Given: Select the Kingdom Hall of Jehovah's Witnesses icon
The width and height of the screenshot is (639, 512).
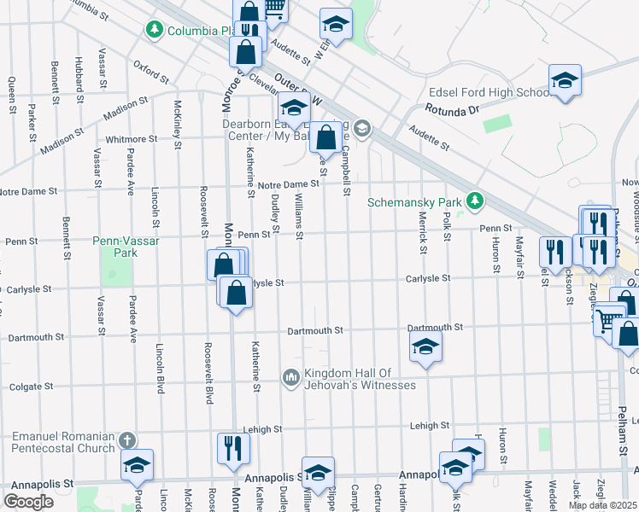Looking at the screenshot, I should [x=290, y=376].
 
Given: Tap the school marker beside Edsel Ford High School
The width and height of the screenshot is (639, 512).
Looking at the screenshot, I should [x=565, y=81].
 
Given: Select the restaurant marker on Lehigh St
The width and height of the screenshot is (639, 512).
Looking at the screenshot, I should [x=234, y=448].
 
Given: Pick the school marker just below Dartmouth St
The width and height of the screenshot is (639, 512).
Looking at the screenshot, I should [x=425, y=347].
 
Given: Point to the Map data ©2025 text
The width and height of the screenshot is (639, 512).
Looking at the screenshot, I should [x=602, y=505].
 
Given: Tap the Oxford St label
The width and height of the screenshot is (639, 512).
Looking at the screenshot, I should [x=151, y=73].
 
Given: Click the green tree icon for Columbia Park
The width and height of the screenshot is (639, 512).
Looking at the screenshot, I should [x=155, y=31].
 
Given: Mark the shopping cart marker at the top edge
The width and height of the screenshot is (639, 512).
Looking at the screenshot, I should [x=274, y=9].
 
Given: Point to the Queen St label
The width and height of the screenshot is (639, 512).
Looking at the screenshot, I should [x=12, y=95].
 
